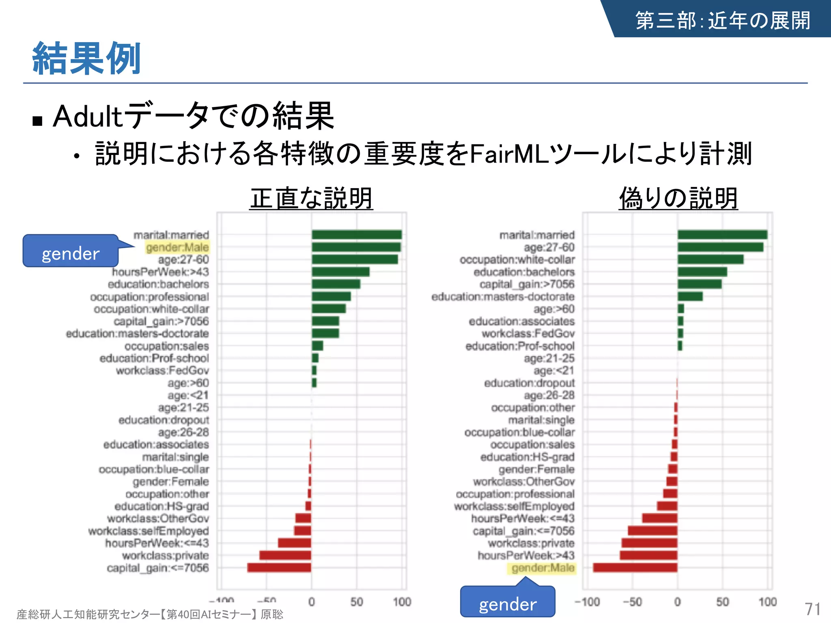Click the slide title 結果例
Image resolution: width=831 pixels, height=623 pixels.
pos(86,59)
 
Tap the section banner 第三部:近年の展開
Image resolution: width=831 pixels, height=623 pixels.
pos(722,20)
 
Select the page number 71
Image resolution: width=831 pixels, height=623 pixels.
pos(812,609)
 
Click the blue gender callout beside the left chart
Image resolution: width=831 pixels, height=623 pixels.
pos(71,253)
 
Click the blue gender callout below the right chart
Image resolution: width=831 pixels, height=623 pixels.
pos(507,604)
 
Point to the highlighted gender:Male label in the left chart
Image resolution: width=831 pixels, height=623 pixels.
pos(177,247)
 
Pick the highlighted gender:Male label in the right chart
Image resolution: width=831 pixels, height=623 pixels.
pos(543,567)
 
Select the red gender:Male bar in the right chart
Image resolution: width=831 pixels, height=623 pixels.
pos(635,567)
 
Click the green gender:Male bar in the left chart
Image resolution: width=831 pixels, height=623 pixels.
pos(356,247)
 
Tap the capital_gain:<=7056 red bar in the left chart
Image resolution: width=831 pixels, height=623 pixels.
pos(279,567)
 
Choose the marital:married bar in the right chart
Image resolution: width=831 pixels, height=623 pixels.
pos(722,235)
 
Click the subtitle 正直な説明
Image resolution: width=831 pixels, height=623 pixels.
pos(311,198)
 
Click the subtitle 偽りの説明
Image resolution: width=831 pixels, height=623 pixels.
pos(678,198)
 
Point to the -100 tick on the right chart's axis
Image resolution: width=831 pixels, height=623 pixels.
pos(587,602)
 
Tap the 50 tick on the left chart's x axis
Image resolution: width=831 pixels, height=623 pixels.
pos(356,602)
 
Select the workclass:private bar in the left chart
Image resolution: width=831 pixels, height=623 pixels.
pos(285,555)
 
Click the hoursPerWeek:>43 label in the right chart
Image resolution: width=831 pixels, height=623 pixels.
pos(526,555)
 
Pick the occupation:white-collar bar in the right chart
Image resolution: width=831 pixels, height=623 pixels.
pos(710,259)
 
